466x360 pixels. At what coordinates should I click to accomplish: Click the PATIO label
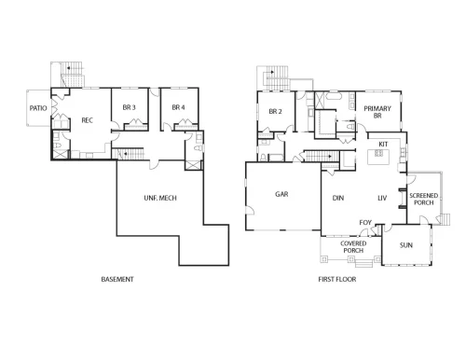point(38,108)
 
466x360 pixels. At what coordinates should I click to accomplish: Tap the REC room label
point(87,120)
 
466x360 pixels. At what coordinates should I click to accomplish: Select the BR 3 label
point(129,107)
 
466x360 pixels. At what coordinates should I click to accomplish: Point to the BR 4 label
point(178,107)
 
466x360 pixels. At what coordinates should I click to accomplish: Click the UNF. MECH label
point(160,198)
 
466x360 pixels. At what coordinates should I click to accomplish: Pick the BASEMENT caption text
point(117,279)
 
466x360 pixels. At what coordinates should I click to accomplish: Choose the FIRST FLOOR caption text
point(337,279)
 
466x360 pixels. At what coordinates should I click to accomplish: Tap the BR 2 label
point(275,111)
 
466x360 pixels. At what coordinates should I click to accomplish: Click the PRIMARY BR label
point(377,112)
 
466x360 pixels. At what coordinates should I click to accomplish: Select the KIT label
point(383,145)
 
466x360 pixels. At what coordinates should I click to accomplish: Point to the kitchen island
point(378,157)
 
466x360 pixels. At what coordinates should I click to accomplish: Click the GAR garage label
point(281,194)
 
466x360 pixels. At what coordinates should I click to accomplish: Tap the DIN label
point(338,198)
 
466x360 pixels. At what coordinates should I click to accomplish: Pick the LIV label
point(382,198)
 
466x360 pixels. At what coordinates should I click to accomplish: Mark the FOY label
point(365,223)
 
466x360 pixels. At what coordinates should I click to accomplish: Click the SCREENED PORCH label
point(424,199)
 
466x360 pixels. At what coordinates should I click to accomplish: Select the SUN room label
point(406,245)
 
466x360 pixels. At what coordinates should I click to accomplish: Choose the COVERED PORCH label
point(353,247)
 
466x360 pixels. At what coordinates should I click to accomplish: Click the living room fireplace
point(403,198)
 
